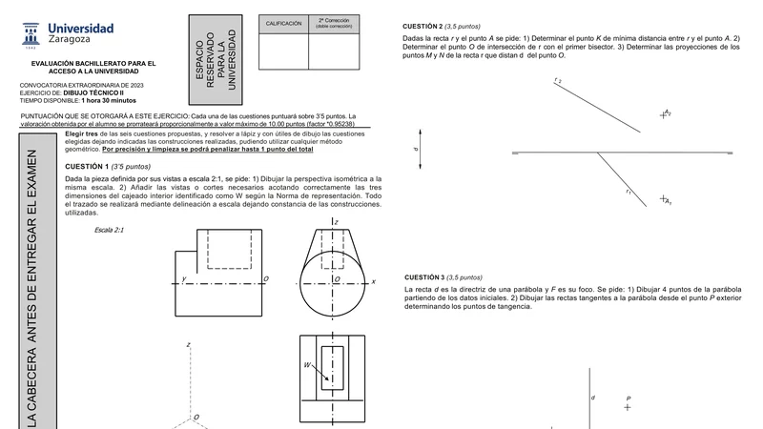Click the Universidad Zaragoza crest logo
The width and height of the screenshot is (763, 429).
31,35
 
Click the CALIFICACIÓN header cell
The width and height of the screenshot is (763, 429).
283,24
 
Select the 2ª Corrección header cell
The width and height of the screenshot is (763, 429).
334,24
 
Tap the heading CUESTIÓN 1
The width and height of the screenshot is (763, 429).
87,166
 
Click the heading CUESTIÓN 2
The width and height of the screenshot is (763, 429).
423,27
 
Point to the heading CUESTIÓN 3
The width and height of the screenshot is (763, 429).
424,277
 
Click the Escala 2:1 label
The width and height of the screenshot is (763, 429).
109,230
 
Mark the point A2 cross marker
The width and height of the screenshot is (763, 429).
663,115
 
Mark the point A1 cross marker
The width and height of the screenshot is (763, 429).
663,198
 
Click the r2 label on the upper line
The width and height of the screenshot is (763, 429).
558,80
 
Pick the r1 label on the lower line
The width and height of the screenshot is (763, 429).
629,192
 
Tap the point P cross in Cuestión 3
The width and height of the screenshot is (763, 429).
628,407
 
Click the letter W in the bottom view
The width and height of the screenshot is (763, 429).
307,365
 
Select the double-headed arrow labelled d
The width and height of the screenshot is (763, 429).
420,150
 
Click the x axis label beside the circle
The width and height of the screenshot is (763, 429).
373,281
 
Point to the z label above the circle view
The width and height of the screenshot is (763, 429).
337,222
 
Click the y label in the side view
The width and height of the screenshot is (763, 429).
184,278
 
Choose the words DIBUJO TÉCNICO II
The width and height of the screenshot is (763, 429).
93,92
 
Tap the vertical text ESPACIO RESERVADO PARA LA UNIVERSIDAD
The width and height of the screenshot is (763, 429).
216,60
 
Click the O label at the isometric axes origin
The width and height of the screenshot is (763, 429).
196,418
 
